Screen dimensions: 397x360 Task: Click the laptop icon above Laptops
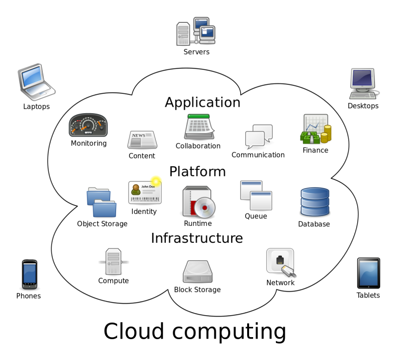tap(36, 82)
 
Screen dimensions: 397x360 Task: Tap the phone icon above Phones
tap(29, 275)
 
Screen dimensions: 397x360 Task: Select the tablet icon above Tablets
tap(368, 273)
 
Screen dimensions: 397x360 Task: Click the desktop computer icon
tap(364, 83)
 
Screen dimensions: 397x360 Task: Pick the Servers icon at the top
tap(196, 31)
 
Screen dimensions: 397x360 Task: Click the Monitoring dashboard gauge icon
tap(88, 125)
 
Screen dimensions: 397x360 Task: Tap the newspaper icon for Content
tap(142, 140)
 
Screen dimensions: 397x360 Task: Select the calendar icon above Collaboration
tap(199, 127)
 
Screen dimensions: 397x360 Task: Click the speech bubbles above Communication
tap(259, 137)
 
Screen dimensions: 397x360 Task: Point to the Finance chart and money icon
tap(316, 129)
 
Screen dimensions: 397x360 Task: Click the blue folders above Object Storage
tap(102, 202)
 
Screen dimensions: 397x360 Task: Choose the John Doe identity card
tap(145, 193)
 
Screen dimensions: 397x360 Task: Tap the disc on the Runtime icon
tap(204, 208)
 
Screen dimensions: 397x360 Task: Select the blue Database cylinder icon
tap(315, 202)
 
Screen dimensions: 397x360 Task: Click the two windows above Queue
tap(256, 195)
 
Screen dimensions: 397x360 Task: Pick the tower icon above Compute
tap(114, 262)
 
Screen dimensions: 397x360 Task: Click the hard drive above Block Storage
tap(198, 272)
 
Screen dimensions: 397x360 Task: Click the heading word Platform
tap(198, 171)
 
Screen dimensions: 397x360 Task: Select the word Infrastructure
tap(197, 238)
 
